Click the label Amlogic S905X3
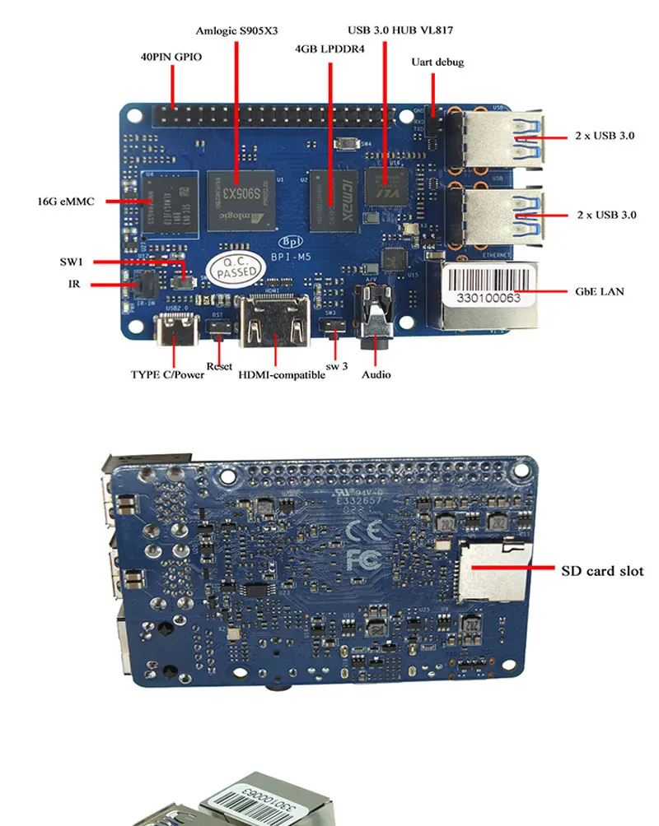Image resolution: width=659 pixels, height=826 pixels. coord(237,31)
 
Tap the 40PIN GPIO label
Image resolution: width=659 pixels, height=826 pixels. coord(171,58)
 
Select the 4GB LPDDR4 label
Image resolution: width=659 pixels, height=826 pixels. coord(329,49)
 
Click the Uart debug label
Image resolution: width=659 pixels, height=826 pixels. coord(437,63)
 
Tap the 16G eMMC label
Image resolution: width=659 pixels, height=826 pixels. coord(65,201)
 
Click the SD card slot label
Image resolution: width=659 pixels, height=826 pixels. coord(602,569)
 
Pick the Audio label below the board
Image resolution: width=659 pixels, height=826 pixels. coord(376,374)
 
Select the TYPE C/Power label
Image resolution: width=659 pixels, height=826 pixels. coord(167,374)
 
